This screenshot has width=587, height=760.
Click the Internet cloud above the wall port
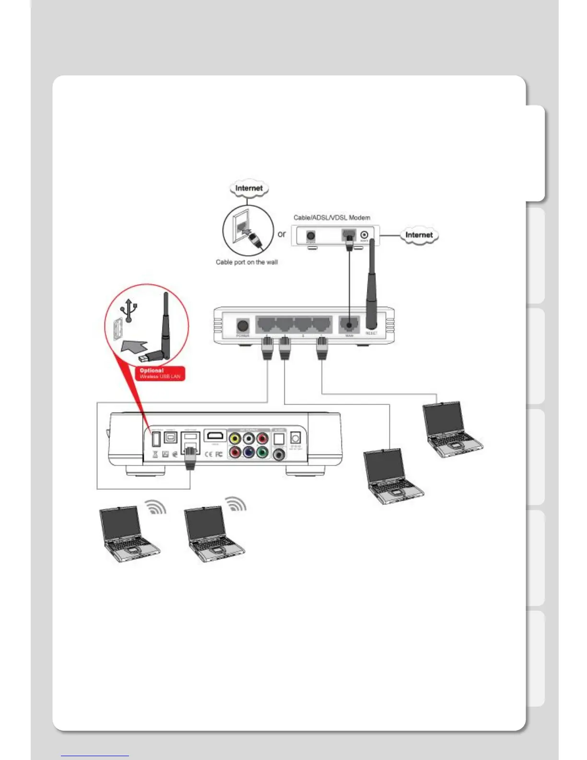(249, 188)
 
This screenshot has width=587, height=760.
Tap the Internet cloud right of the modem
(419, 235)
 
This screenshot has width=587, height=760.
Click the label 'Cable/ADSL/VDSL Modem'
(332, 217)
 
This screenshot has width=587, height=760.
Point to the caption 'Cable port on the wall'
(247, 262)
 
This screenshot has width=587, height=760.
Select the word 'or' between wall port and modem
(282, 234)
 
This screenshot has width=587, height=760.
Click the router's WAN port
(349, 324)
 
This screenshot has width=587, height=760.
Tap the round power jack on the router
(243, 326)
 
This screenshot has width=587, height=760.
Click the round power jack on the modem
(311, 236)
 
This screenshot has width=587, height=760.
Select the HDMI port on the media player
(215, 436)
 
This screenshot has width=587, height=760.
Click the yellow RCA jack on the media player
(235, 439)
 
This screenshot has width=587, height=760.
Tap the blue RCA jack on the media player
(248, 452)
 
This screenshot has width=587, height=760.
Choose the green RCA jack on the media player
(262, 452)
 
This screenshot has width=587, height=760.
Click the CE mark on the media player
(209, 454)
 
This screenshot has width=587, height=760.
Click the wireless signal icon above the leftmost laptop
(156, 508)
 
